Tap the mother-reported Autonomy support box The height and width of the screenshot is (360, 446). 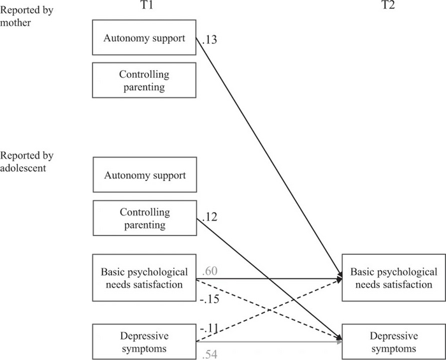145,38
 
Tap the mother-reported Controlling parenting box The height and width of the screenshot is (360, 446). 145,80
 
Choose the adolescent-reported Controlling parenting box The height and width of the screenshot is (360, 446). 145,218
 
